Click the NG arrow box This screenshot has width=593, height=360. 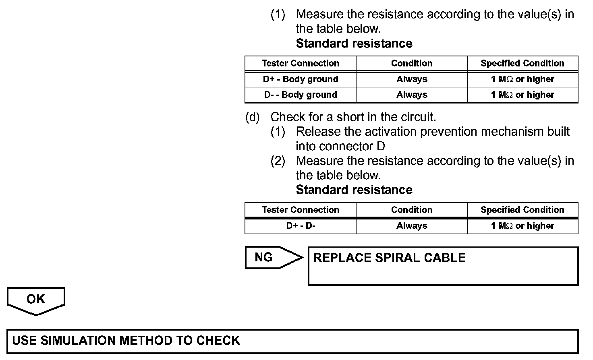tap(272, 257)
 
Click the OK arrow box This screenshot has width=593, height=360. tap(36, 300)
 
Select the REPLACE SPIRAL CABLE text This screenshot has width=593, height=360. tap(389, 258)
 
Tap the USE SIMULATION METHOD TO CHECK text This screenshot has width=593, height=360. tap(126, 341)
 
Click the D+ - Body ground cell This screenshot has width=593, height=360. tap(301, 79)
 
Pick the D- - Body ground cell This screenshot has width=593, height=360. tap(301, 95)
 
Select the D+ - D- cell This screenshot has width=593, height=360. tap(301, 226)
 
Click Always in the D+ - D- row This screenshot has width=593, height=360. tap(412, 226)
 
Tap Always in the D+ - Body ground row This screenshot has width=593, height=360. tap(412, 79)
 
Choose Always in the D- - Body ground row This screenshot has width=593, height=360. tap(412, 95)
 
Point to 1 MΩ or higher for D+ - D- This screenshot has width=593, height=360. tap(523, 226)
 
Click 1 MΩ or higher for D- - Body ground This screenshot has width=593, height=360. tap(523, 95)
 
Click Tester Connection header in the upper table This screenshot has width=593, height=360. tap(301, 63)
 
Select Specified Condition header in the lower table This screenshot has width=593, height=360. tap(523, 210)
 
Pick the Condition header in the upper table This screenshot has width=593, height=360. tap(412, 63)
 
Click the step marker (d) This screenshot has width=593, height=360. tap(253, 117)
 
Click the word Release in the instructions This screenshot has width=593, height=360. tap(317, 132)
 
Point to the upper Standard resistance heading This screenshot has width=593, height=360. tap(354, 43)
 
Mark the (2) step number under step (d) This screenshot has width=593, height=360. tap(278, 161)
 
